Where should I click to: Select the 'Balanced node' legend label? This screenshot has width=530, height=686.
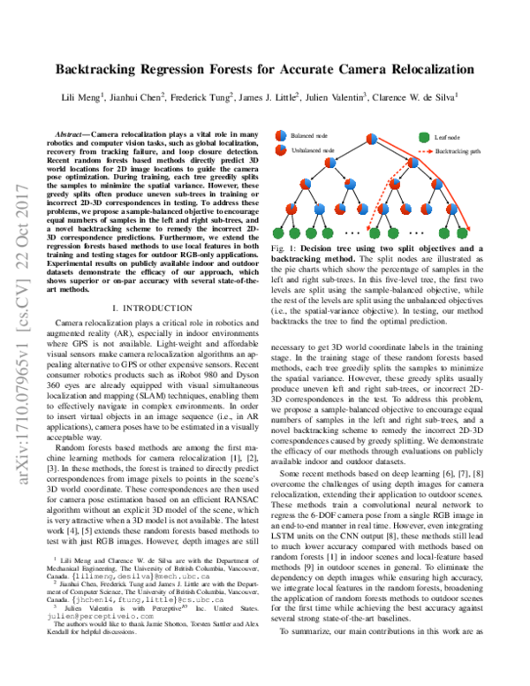309,138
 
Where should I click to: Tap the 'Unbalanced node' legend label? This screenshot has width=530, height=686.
313,151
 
